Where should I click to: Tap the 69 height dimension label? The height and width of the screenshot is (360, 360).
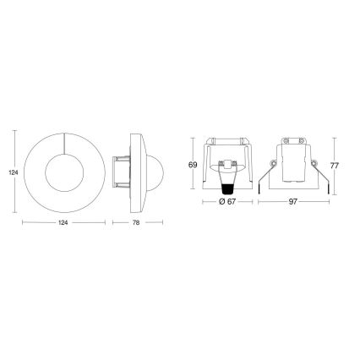[x=193, y=165]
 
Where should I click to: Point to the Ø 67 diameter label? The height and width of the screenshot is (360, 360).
[x=224, y=203]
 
